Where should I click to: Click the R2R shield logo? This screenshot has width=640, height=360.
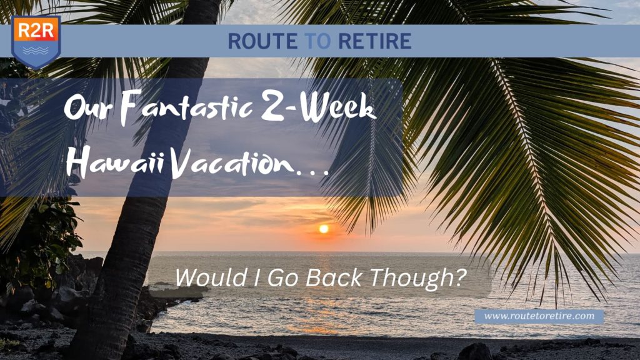point(36,41)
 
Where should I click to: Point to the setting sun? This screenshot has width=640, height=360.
point(323,229)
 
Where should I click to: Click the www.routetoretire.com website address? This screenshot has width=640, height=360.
point(539,316)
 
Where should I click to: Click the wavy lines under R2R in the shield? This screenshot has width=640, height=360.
point(36,48)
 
